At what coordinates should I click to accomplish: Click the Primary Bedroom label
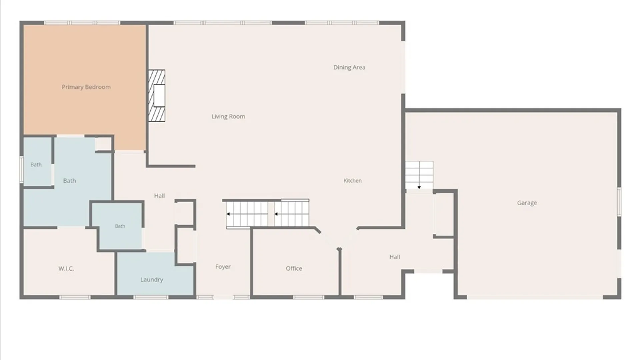pos(86,87)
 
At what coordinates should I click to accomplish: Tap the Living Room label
pos(228,116)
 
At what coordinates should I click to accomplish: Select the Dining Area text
pos(349,67)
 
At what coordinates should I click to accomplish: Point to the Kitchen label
pos(353,181)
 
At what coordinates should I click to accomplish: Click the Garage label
pos(527,203)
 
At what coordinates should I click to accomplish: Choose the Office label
pos(294,268)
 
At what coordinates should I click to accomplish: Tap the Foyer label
pos(223,267)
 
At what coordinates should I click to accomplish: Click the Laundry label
pos(152,280)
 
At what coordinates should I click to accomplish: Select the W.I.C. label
pos(66,269)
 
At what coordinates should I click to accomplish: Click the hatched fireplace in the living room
pos(157,96)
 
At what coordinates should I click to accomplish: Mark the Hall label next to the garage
pos(395,257)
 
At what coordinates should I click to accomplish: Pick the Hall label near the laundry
pos(159,196)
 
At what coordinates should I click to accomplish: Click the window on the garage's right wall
pos(619,202)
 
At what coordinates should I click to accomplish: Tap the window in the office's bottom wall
pos(309,297)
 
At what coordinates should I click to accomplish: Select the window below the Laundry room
pos(151,297)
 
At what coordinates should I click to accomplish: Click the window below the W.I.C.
pos(75,297)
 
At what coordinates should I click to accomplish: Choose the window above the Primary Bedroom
pos(82,23)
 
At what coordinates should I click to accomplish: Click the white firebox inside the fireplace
pos(159,96)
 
